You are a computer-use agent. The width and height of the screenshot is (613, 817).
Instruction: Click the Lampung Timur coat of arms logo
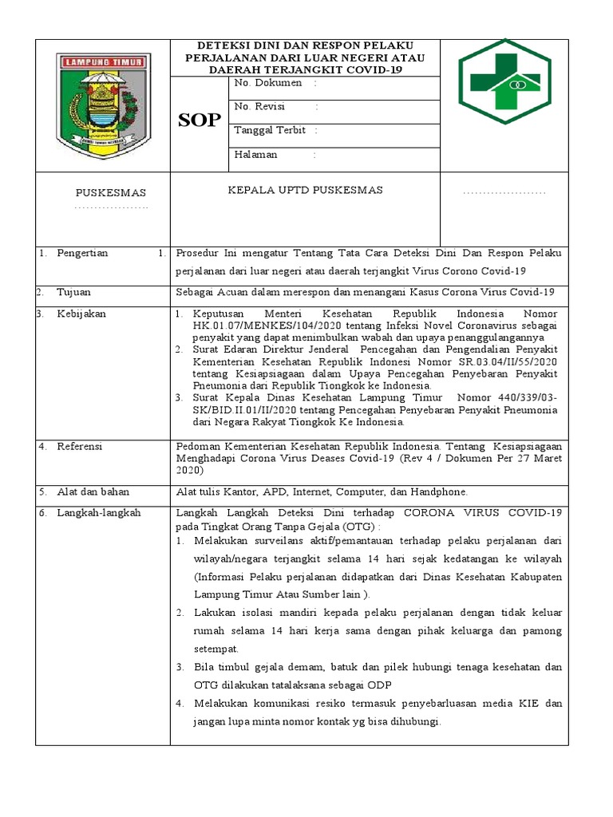(101, 105)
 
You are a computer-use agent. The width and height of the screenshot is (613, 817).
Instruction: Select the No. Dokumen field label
(268, 83)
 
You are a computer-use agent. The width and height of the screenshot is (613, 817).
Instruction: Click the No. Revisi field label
(260, 107)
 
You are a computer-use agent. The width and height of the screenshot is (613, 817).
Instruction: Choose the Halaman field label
(256, 155)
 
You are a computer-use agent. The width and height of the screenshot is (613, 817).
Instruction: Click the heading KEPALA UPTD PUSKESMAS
(306, 190)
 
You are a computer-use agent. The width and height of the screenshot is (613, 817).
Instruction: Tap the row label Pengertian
(82, 253)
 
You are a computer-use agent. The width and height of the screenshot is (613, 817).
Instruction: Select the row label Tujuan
(74, 292)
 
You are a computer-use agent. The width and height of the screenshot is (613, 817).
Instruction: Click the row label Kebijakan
(81, 314)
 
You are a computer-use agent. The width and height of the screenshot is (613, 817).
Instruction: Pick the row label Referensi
(80, 446)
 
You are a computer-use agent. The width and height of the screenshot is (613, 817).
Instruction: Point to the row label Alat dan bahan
(93, 491)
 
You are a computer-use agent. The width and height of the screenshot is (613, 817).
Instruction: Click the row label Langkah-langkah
(98, 513)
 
